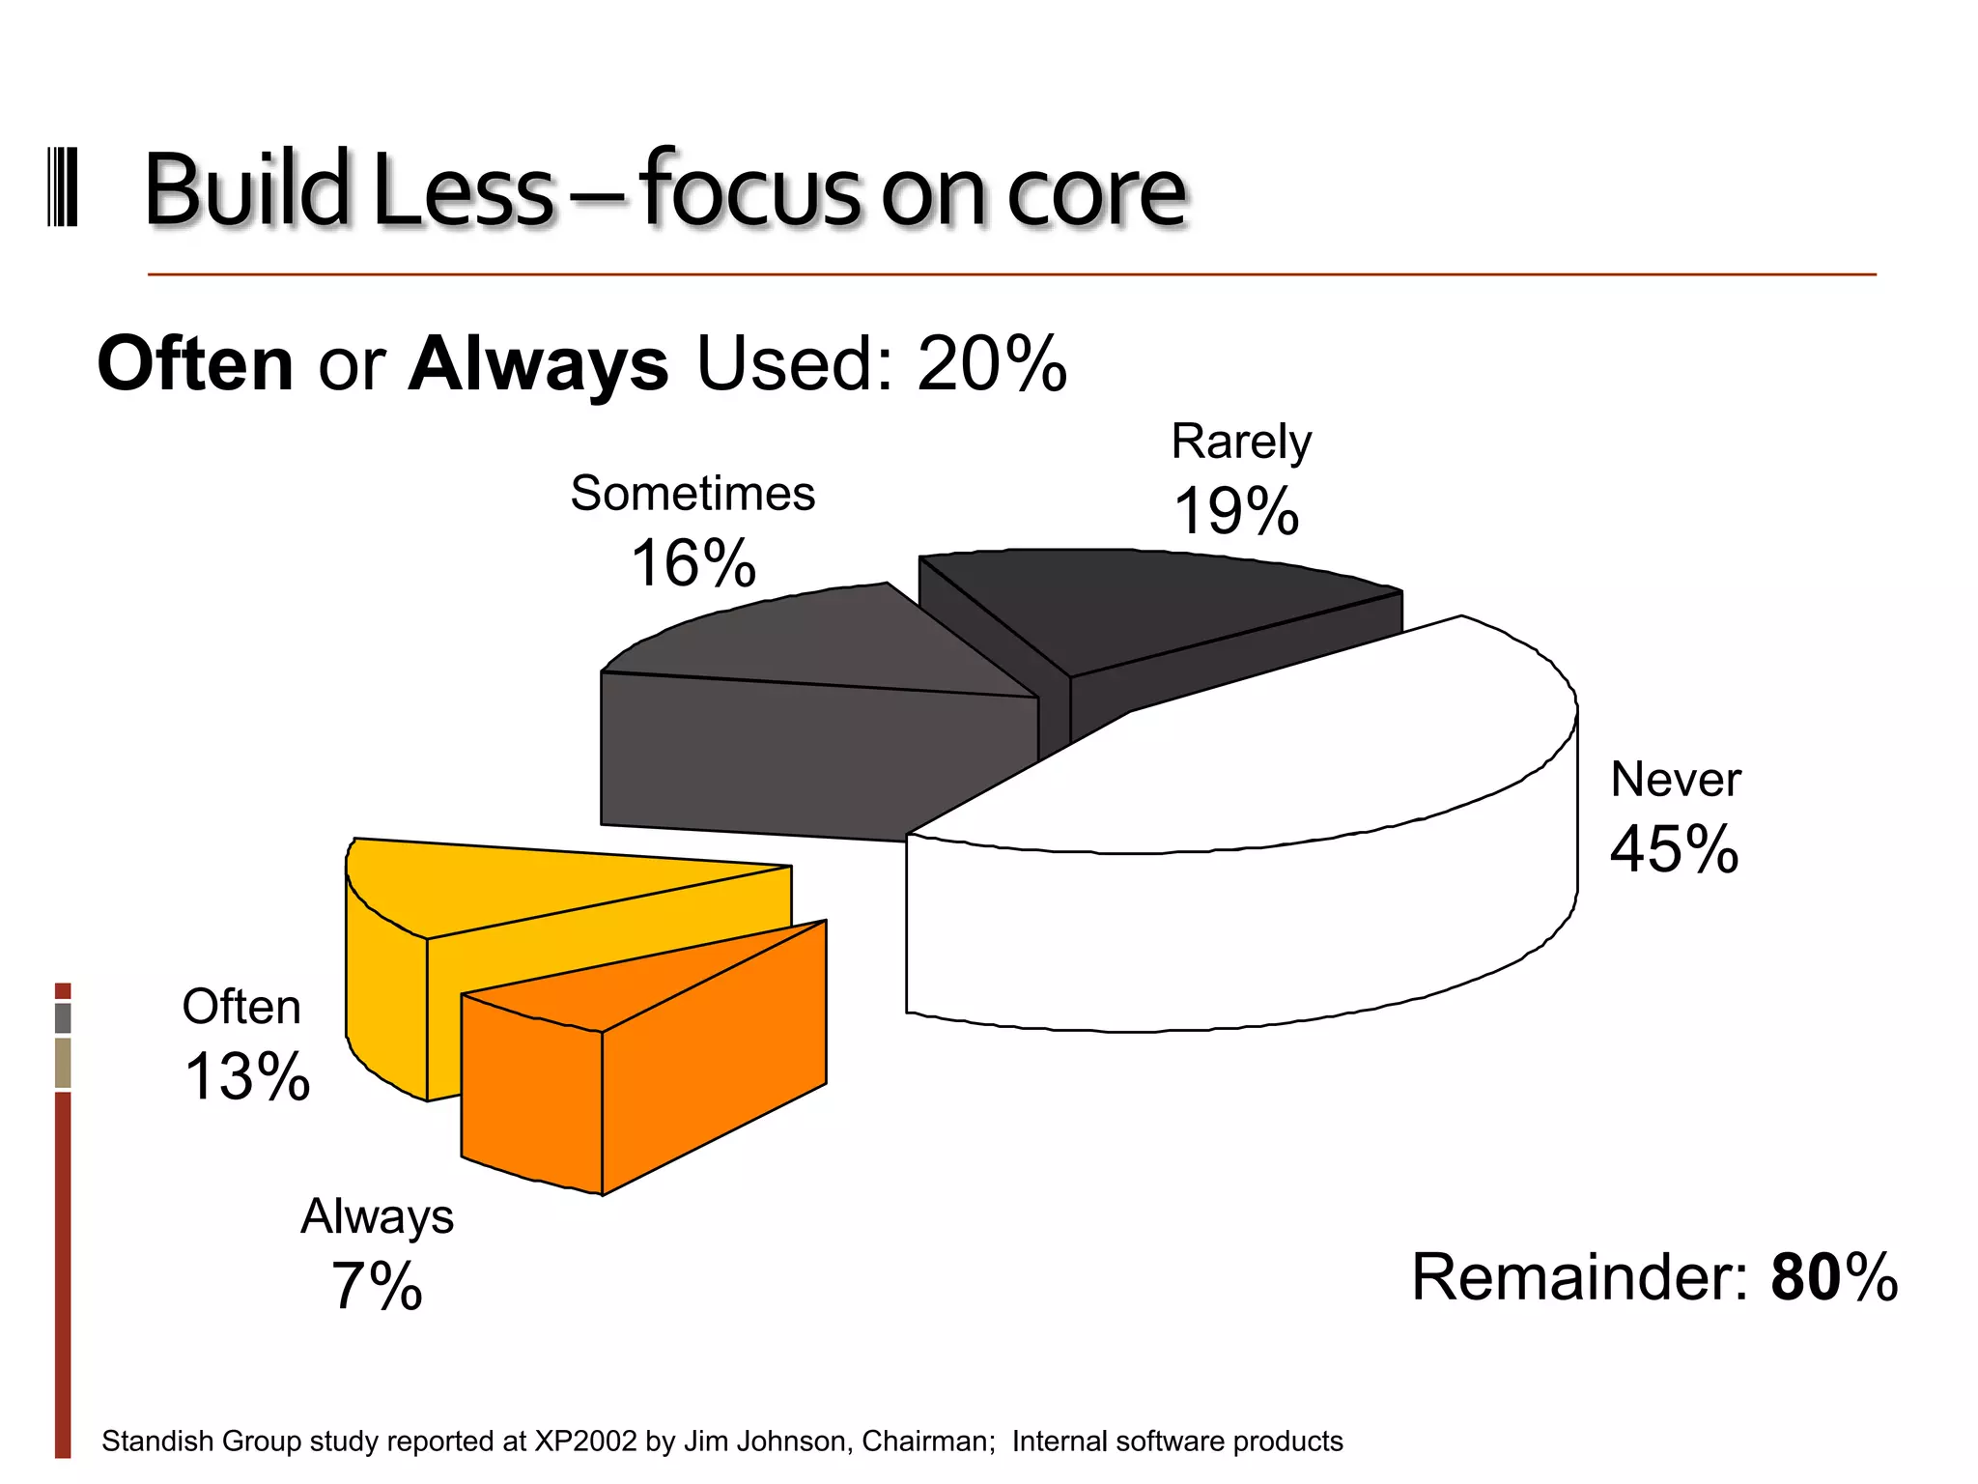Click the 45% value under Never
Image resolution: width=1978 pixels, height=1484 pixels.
click(x=1674, y=849)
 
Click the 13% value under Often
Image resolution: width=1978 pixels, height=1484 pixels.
click(x=247, y=1076)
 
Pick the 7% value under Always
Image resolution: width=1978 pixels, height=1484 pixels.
click(x=377, y=1286)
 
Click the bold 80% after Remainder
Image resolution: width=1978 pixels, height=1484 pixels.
click(x=1833, y=1277)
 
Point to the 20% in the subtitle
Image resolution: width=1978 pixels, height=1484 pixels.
click(x=992, y=364)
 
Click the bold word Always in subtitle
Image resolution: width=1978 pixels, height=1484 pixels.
click(x=538, y=364)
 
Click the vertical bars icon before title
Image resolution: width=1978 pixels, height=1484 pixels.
click(x=63, y=187)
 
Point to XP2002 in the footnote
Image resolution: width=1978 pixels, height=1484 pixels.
click(x=585, y=1441)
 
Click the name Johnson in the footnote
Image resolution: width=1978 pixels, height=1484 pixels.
click(x=798, y=1441)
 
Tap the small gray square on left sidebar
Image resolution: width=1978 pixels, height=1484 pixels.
click(x=63, y=1017)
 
